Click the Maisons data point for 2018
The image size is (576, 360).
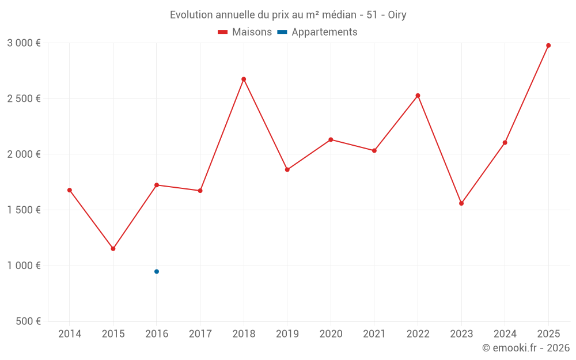244,79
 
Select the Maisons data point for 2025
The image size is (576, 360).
548,46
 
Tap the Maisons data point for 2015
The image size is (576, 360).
113,249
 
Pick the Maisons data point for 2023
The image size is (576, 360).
461,203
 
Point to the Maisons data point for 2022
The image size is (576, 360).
418,96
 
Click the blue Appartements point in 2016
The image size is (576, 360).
157,271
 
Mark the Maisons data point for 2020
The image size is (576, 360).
331,139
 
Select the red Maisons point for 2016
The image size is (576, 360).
157,185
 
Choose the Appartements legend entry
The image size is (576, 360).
318,32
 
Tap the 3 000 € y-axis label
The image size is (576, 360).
24,43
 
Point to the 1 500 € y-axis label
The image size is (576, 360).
24,210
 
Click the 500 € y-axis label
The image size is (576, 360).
27,321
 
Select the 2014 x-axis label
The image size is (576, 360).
70,334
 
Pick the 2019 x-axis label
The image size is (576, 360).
287,334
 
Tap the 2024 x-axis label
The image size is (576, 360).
505,334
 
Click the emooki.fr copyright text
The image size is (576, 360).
525,348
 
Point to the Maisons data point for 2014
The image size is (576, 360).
70,190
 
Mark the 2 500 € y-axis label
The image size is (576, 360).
24,98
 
